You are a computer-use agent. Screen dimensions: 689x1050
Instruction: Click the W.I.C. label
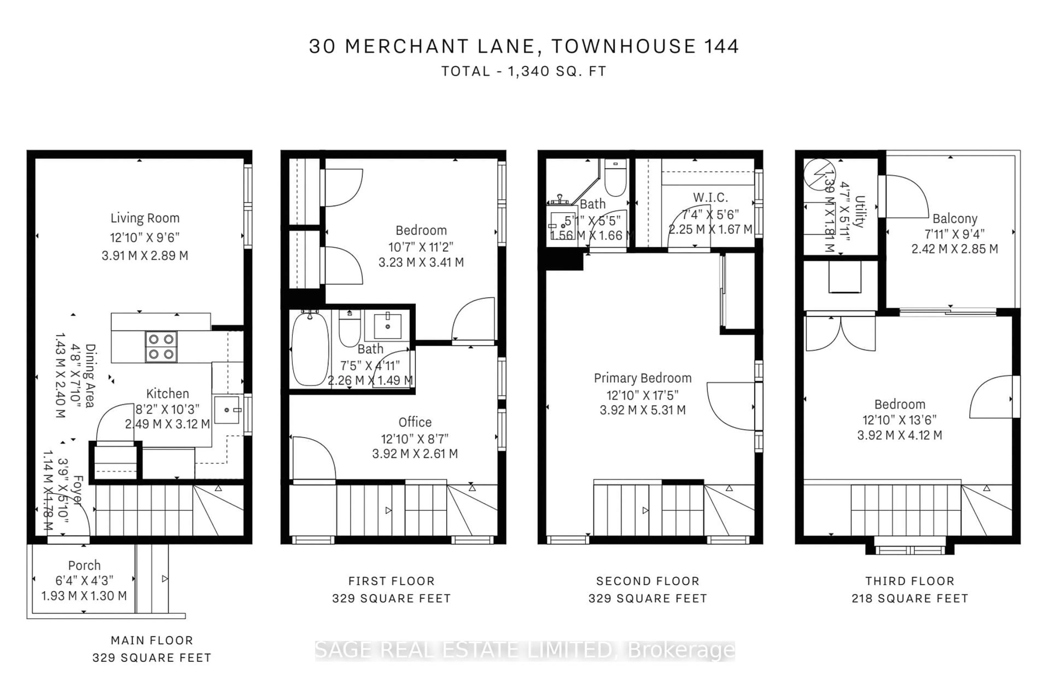tap(710, 197)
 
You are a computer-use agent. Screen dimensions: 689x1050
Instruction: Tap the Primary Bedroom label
tap(642, 378)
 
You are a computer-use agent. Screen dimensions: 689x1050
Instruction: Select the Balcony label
tap(955, 219)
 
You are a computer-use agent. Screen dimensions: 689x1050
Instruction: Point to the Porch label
tap(84, 565)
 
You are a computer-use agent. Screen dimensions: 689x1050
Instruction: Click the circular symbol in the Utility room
tap(819, 174)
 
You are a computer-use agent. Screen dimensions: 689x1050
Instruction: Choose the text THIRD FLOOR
tap(910, 581)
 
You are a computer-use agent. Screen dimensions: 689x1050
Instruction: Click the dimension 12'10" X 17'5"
tap(642, 395)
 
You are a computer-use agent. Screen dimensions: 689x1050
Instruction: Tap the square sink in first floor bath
tap(387, 326)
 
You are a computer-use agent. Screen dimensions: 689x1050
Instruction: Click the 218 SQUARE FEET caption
tap(910, 598)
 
